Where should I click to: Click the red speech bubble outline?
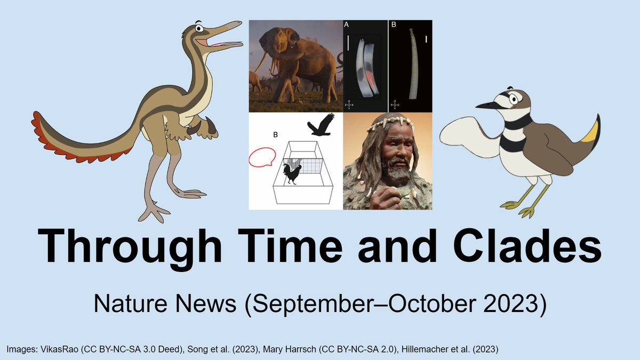[261, 157]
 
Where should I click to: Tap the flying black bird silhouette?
[321, 126]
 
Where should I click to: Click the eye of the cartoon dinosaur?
[198, 28]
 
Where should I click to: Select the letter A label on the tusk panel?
[347, 25]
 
